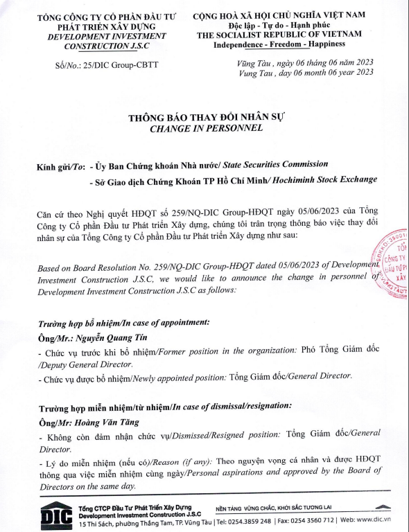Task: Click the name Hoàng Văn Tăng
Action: (102, 422)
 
